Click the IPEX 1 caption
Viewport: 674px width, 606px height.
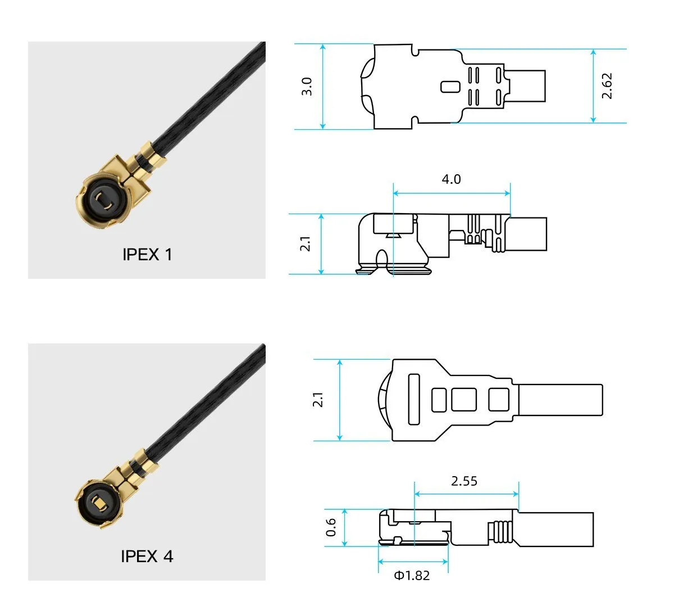pyautogui.click(x=147, y=255)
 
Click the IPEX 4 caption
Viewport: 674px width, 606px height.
pyautogui.click(x=147, y=557)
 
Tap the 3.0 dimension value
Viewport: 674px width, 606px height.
pyautogui.click(x=307, y=87)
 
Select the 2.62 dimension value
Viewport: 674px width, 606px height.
pyautogui.click(x=607, y=86)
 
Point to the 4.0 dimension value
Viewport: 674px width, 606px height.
pyautogui.click(x=451, y=179)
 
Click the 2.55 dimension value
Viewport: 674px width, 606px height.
pyautogui.click(x=464, y=481)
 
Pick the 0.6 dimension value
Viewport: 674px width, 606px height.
pyautogui.click(x=331, y=527)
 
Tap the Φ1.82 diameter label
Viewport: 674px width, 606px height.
pyautogui.click(x=412, y=576)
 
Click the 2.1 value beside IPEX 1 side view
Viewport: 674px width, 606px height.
pyautogui.click(x=305, y=244)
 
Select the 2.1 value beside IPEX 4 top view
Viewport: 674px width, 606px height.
pyautogui.click(x=318, y=400)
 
